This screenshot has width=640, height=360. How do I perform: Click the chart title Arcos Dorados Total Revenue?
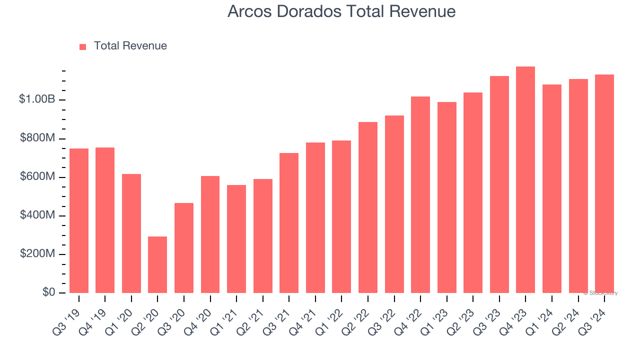pos(341,11)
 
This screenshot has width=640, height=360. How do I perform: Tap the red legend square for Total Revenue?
pos(83,46)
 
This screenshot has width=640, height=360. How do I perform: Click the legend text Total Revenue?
pos(130,46)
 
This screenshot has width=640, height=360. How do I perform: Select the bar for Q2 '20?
pos(157,264)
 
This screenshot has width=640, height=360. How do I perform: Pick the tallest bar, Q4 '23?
pos(525,179)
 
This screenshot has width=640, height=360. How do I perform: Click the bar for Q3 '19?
pos(79,220)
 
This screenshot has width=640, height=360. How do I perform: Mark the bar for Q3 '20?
pos(184,247)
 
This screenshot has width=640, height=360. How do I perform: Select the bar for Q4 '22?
pos(420,194)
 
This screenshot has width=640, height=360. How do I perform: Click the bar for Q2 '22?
pos(368,207)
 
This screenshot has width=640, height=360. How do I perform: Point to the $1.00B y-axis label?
pos(37,99)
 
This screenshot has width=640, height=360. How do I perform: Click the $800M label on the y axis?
pos(37,138)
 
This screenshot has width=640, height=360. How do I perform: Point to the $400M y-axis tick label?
pos(37,215)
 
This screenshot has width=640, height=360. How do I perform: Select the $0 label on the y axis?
pos(48,292)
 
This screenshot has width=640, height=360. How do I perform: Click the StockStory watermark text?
pos(600,293)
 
